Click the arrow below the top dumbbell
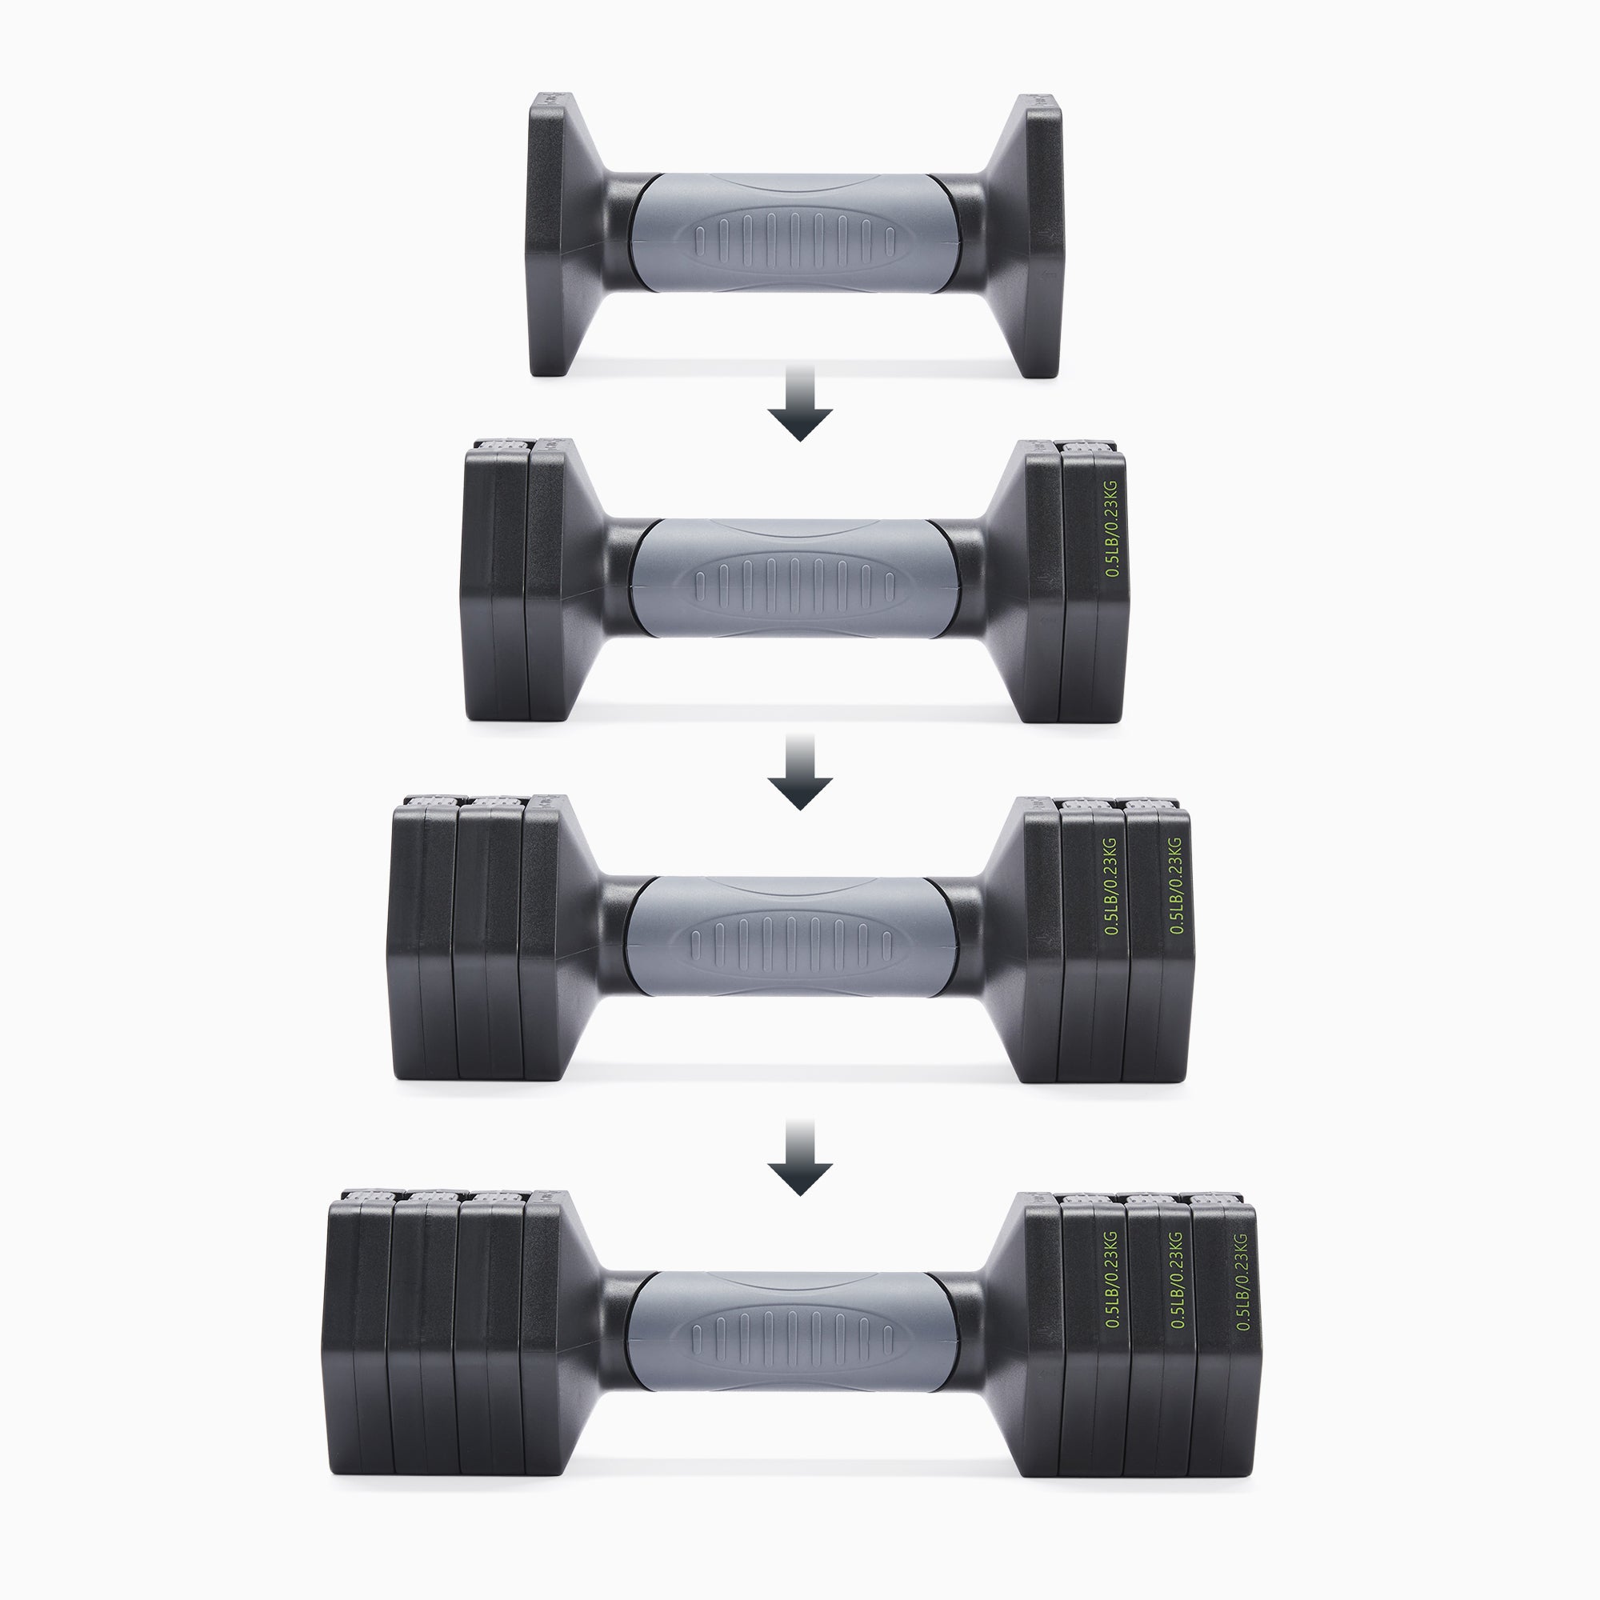point(799,403)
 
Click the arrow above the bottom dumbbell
point(799,1158)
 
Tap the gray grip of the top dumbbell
point(794,234)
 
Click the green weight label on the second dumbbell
point(1112,528)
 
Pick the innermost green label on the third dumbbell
point(1111,887)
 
